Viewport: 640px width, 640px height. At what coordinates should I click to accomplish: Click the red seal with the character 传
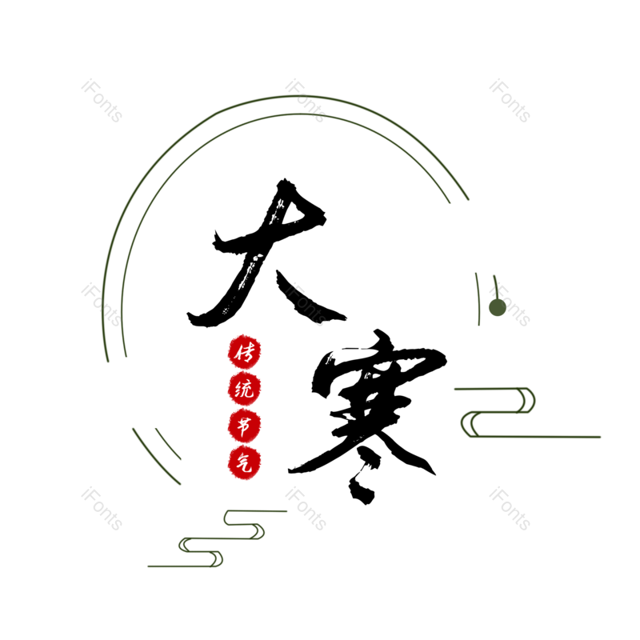tap(244, 352)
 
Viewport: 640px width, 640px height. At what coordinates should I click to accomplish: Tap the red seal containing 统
tap(244, 390)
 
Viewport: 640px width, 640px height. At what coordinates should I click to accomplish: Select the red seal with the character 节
tap(244, 426)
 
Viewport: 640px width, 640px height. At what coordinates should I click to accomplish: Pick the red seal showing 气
tap(244, 462)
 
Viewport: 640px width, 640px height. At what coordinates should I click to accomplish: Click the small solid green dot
tap(497, 308)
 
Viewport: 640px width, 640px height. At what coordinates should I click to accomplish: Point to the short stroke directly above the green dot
tap(495, 284)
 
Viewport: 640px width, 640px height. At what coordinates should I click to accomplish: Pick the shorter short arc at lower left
tap(168, 444)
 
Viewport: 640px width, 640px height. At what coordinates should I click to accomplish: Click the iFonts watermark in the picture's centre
tap(306, 305)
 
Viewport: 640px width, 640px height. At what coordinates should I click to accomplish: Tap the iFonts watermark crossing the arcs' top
tap(306, 101)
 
